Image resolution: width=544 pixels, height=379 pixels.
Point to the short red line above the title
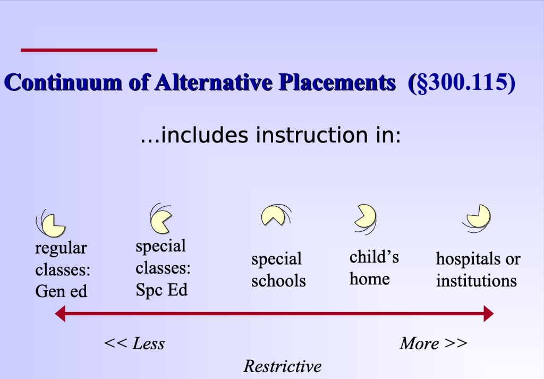(x=89, y=50)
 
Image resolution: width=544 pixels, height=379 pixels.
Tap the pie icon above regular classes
(x=54, y=225)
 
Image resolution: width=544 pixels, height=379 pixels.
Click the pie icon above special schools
(x=274, y=216)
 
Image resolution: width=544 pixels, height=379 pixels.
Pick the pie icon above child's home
(x=365, y=216)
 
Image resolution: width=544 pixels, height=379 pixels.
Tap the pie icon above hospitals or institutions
(x=479, y=216)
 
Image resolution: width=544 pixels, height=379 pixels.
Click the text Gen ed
(x=61, y=291)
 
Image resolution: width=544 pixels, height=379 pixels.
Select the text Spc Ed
(x=161, y=290)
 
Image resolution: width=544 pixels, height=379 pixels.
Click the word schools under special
(x=278, y=281)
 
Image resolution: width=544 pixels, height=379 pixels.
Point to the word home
(x=370, y=279)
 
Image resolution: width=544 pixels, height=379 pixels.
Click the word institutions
(x=477, y=280)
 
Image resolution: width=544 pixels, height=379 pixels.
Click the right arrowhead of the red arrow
(x=489, y=314)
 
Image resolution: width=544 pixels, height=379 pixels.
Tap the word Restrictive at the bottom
(x=283, y=366)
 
